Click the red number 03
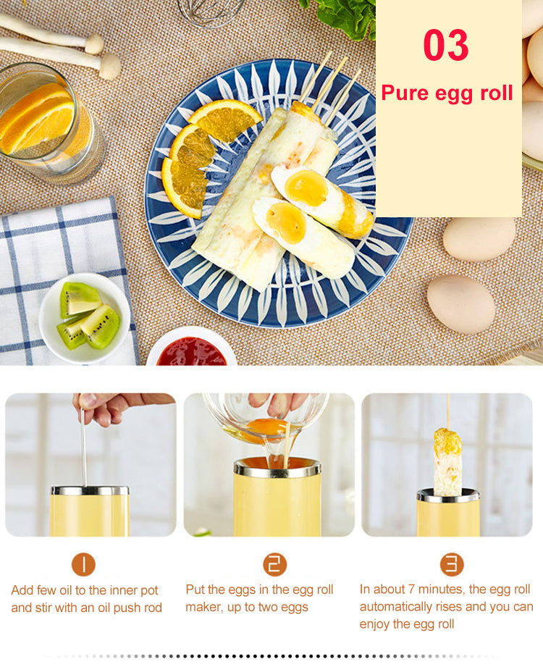tap(446, 45)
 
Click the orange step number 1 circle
tap(83, 564)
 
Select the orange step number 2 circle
tap(274, 564)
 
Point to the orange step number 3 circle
tap(452, 564)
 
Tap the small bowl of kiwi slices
tap(85, 318)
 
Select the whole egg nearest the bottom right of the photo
tap(461, 303)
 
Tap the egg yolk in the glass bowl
tap(267, 427)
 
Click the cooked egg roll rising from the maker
tap(447, 462)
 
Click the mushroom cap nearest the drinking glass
tap(111, 66)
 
